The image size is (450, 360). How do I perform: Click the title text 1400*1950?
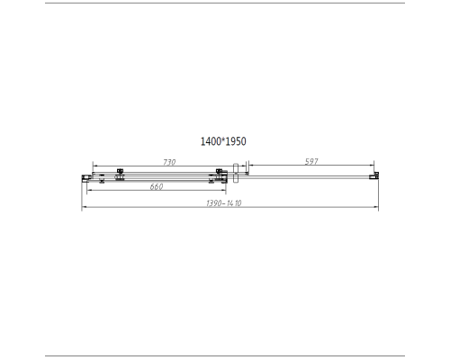[223, 141]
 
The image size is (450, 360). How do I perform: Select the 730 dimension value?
[167, 162]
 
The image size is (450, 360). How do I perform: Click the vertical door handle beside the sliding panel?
[236, 175]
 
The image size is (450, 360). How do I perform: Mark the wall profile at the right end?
[376, 176]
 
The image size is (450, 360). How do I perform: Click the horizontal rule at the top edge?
[225, 4]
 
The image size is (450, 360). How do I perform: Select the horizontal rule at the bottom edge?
[225, 355]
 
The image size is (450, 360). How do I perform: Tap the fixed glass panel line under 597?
[310, 177]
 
